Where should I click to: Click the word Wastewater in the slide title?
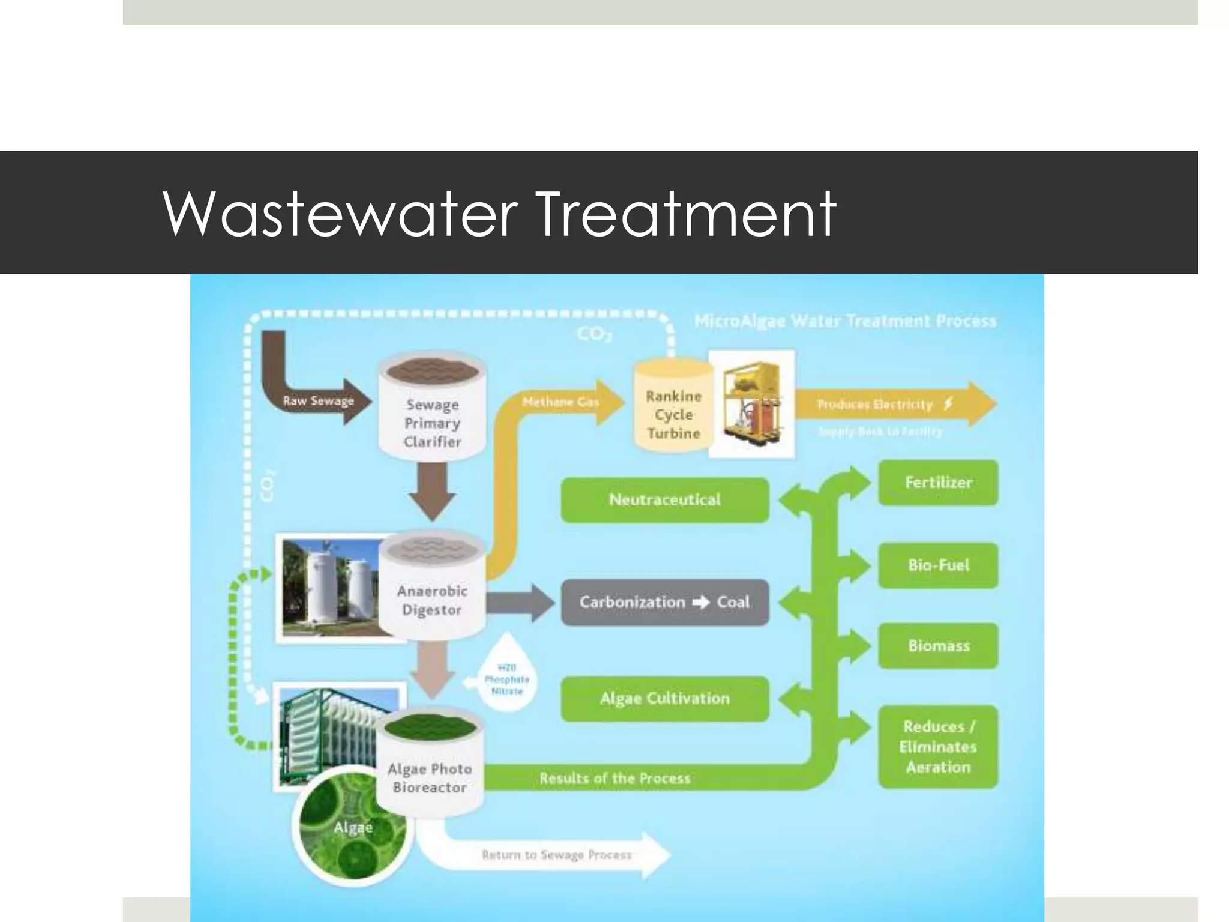[x=340, y=214]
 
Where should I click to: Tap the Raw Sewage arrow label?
[x=319, y=401]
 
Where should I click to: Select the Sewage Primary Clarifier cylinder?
[x=432, y=414]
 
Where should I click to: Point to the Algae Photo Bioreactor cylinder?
[x=430, y=768]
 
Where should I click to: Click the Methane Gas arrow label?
[x=560, y=402]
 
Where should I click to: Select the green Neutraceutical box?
[x=664, y=500]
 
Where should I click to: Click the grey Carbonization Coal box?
[x=664, y=602]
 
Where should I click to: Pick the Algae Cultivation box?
[x=664, y=699]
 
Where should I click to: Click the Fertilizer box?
[x=938, y=483]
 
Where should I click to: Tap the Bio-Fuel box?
[x=938, y=565]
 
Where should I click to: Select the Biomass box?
[x=938, y=646]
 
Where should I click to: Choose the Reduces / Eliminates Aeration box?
[x=938, y=747]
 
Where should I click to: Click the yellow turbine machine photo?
[x=752, y=404]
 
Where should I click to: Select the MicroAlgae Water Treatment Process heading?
[x=845, y=321]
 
